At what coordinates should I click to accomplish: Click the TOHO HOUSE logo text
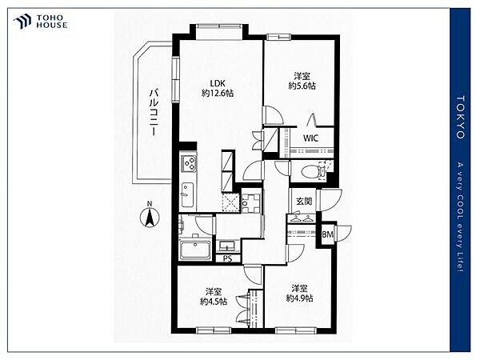click(52, 22)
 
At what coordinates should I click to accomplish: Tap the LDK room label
click(218, 83)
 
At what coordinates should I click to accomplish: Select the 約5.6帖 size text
click(302, 86)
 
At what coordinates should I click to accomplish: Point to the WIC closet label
click(310, 138)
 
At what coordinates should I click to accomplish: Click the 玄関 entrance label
click(304, 201)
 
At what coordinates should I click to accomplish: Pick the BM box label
click(327, 234)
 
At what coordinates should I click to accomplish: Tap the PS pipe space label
click(227, 258)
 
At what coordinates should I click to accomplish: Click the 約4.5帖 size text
click(214, 302)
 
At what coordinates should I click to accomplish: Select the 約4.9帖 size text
click(299, 298)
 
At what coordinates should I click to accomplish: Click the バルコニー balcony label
click(154, 112)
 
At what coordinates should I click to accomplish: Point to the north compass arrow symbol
click(150, 217)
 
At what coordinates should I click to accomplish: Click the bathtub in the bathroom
click(195, 250)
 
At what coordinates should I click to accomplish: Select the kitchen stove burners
click(189, 163)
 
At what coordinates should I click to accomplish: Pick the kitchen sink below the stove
click(187, 194)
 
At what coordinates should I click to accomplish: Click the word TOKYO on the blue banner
click(461, 118)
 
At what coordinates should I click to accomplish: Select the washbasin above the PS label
click(226, 246)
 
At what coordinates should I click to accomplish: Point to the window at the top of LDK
click(219, 26)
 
